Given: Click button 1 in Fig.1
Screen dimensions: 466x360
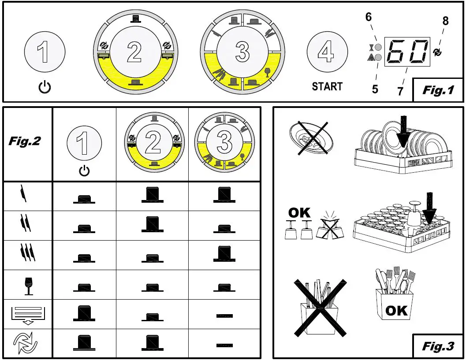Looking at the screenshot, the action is point(45,52).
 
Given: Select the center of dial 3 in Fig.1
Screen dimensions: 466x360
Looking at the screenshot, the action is point(242,52).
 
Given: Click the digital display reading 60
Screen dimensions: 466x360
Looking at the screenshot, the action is point(407,52).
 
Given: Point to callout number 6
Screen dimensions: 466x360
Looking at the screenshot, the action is point(369,17).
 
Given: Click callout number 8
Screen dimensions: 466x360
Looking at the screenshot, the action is point(445,21).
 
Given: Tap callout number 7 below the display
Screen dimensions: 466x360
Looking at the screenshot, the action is point(400,91).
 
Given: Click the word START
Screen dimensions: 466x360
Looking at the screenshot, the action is point(327,86).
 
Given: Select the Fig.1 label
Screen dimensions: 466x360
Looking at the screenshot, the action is point(438,90).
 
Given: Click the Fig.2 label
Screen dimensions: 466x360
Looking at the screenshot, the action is point(25,141).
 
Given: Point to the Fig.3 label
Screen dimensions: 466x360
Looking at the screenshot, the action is point(438,346).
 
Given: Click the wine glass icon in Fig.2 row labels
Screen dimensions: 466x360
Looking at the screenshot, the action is point(29,286).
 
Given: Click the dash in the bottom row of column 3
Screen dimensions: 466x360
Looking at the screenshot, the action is point(224,345).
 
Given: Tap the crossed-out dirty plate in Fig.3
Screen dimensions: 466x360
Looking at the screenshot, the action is point(311,138).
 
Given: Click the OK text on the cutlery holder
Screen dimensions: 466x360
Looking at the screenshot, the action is point(396,311).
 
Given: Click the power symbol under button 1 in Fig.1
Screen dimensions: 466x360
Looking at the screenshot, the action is point(45,87).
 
